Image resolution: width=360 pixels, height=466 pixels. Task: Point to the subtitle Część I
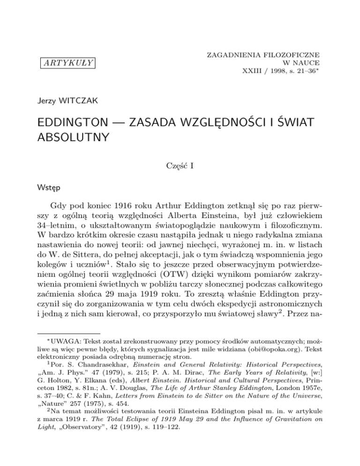coord(180,164)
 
